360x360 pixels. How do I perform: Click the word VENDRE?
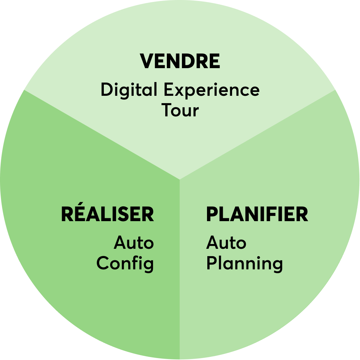[x=180, y=61]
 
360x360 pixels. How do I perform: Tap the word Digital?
[x=129, y=90]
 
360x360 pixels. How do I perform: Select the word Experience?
[x=212, y=90]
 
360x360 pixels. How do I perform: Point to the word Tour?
[x=180, y=110]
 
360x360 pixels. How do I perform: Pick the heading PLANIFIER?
[x=257, y=214]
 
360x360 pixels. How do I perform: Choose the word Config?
[x=125, y=264]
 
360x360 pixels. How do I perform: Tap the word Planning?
[x=245, y=264]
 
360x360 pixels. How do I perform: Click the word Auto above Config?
[x=134, y=242]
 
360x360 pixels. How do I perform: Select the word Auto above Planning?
[x=226, y=242]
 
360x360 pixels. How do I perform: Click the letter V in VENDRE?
[x=147, y=61]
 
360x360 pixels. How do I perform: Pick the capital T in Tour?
[x=167, y=110]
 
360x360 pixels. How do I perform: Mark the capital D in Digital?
[x=107, y=89]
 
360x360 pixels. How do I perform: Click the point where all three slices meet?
[x=180, y=180]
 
